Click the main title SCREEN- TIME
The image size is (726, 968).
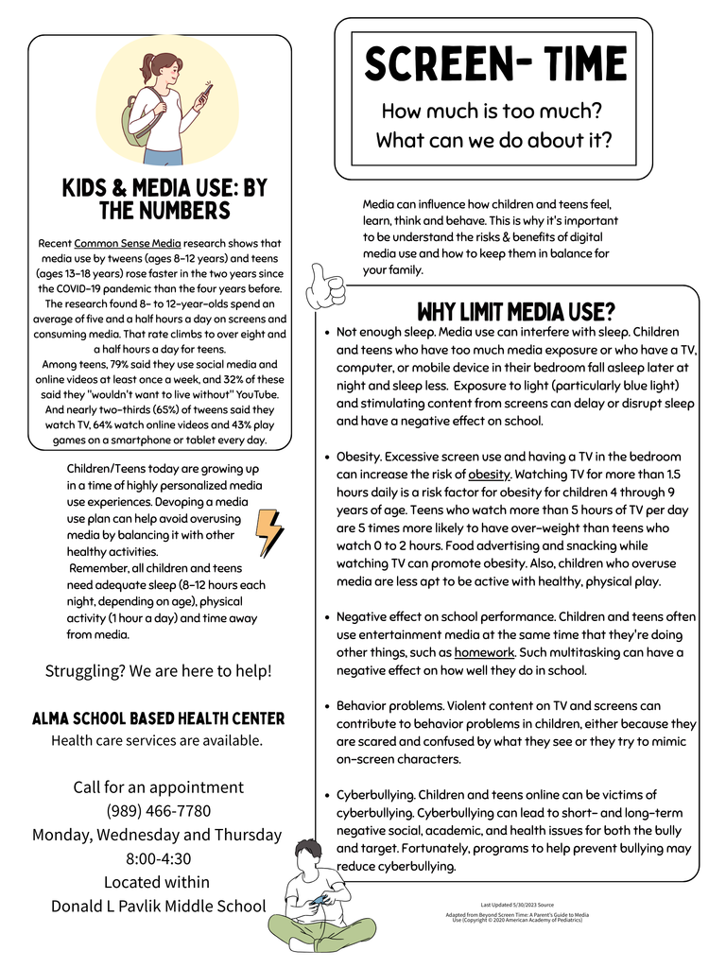point(494,64)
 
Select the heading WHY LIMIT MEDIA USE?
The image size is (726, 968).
point(516,311)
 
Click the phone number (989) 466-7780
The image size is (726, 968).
point(159,811)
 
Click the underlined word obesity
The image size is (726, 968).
point(490,475)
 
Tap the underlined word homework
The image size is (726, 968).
point(484,652)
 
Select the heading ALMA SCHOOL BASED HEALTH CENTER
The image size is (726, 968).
point(158,718)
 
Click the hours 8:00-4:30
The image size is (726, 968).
point(159,858)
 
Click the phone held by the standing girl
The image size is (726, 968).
point(205,95)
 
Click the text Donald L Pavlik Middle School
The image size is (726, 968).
point(159,906)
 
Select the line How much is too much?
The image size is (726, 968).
point(492,112)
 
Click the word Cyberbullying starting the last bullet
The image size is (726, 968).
point(374,795)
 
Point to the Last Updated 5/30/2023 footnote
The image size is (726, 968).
point(517,905)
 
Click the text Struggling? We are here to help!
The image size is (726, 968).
point(159,671)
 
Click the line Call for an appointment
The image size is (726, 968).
point(159,787)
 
